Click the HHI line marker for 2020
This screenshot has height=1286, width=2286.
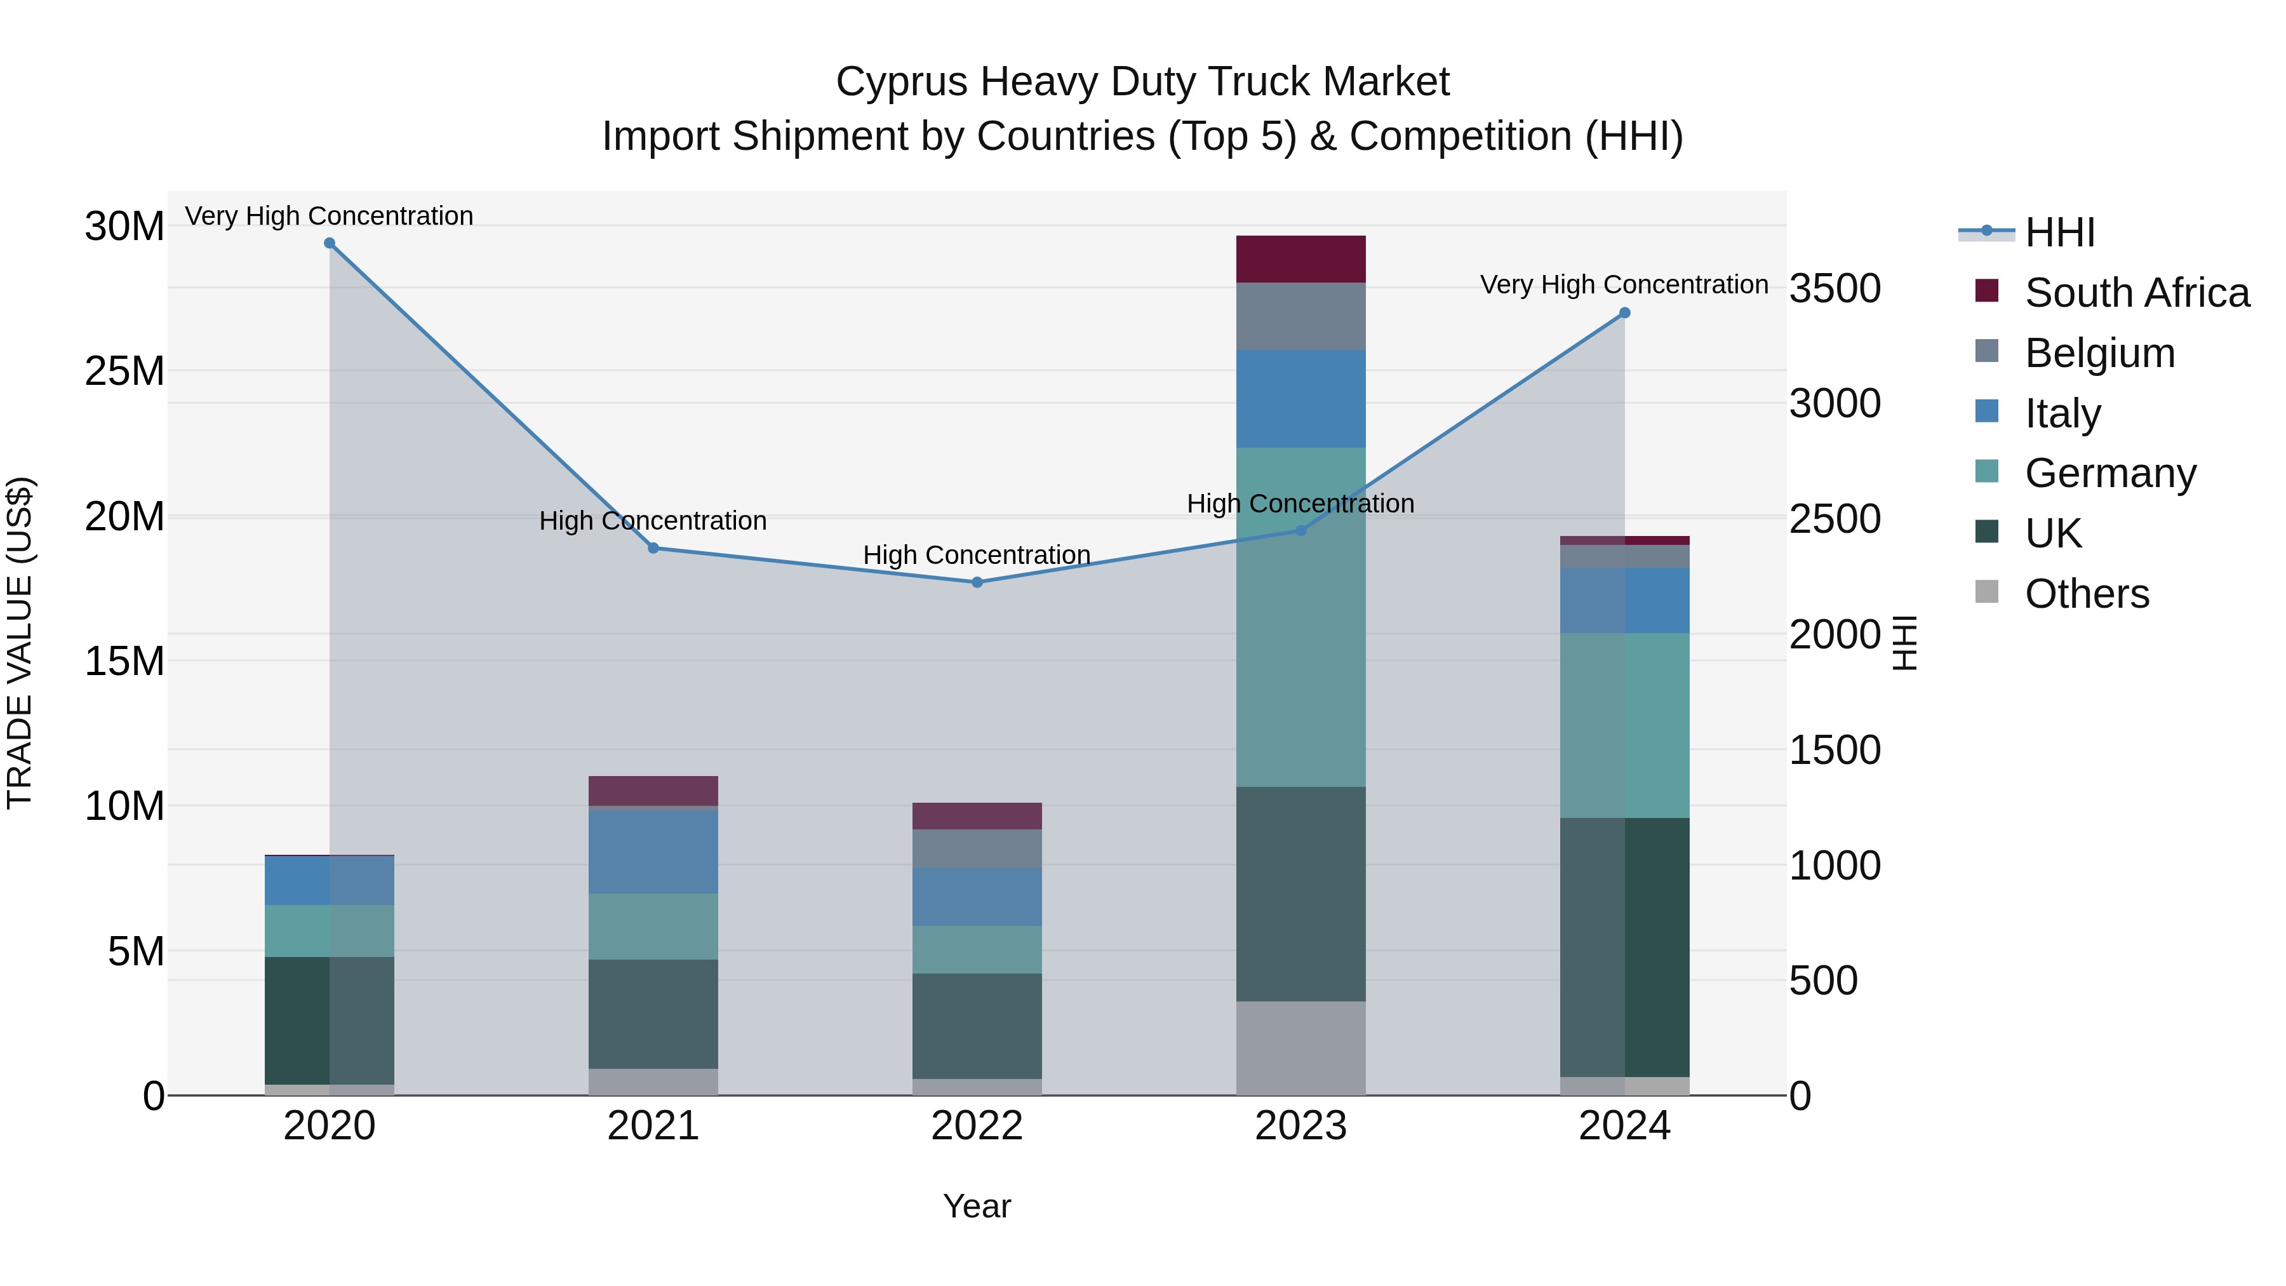329,243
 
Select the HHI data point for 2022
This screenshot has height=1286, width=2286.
977,582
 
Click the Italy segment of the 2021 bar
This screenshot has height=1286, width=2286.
653,852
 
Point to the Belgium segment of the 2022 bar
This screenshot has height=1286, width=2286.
977,848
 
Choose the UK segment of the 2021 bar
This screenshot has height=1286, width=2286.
653,1014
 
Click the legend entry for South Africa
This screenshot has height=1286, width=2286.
2136,293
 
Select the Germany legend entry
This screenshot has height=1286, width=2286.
2109,473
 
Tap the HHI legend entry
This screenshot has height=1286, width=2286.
2059,232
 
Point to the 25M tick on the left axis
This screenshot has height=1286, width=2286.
124,371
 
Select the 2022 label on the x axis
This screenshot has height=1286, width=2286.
977,1126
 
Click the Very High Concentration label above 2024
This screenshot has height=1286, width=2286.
1624,285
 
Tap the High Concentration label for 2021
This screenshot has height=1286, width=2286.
653,521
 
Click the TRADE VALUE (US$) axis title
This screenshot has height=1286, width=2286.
20,643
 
